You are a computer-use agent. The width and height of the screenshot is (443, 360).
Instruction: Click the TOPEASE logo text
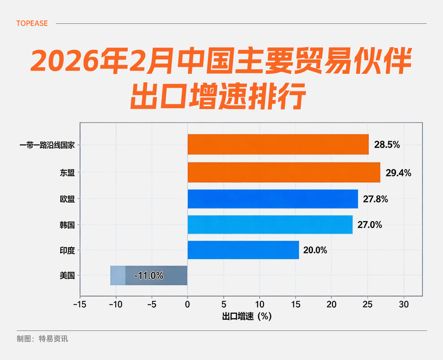(32, 23)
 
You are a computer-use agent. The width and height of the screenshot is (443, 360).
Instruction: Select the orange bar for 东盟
(284, 172)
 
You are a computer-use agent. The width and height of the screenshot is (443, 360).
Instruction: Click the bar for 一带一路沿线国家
(278, 144)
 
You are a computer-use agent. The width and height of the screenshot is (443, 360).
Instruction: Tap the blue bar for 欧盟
(273, 199)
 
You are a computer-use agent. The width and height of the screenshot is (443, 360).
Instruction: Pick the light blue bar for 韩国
(270, 224)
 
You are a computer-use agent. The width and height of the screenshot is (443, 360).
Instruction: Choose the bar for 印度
(243, 250)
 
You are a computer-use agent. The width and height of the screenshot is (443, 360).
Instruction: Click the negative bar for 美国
(149, 275)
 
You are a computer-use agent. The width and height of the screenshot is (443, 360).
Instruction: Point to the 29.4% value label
(398, 173)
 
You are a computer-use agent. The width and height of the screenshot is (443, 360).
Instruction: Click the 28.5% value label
(387, 145)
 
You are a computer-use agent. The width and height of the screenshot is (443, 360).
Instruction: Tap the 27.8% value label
(375, 199)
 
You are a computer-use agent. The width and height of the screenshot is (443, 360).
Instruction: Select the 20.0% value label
(315, 250)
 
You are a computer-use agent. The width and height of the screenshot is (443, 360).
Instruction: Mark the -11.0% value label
(148, 276)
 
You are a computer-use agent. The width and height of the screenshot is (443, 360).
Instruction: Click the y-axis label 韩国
(67, 225)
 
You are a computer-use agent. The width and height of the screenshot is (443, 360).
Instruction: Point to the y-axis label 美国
(67, 276)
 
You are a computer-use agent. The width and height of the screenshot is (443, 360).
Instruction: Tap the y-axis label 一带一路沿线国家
(47, 145)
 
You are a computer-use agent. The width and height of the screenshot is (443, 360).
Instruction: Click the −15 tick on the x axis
(80, 305)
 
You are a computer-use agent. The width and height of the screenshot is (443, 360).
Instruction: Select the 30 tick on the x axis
(404, 305)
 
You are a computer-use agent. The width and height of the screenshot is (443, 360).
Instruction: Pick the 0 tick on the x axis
(187, 305)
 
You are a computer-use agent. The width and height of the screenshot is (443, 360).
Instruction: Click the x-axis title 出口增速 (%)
(247, 317)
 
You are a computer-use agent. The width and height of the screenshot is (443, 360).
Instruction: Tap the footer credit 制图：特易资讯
(42, 339)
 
